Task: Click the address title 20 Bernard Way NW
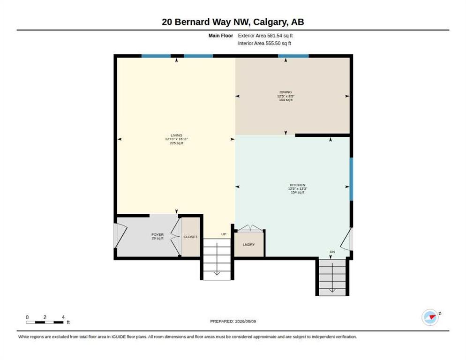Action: (207, 22)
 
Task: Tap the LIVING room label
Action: (177, 135)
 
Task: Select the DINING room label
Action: (286, 92)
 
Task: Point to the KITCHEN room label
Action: (298, 185)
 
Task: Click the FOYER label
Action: (158, 234)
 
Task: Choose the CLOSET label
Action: (190, 237)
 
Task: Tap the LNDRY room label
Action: (249, 245)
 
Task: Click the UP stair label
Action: (224, 234)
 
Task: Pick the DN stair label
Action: (332, 252)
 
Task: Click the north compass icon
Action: (430, 317)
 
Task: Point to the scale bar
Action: (45, 322)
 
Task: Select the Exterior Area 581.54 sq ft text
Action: (265, 36)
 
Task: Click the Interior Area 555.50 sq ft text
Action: (264, 44)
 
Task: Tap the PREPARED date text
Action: (233, 322)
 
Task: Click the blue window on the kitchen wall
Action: (351, 179)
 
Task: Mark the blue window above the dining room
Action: (293, 56)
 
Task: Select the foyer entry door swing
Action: (120, 236)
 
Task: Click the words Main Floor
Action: (221, 36)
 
